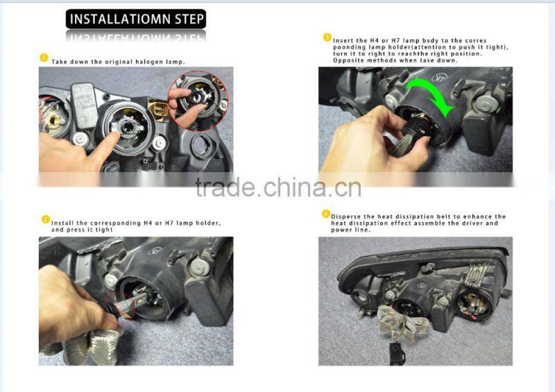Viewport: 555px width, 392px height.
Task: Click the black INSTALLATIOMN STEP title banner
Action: pos(135,19)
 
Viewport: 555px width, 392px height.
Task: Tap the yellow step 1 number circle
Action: pos(44,58)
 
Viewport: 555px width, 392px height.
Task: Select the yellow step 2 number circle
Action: pos(46,219)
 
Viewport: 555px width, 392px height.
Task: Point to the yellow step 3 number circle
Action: pos(327,37)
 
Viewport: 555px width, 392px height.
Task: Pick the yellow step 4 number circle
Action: pos(326,214)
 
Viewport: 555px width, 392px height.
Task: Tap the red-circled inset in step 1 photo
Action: pos(198,101)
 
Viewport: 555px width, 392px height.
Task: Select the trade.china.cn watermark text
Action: pos(278,187)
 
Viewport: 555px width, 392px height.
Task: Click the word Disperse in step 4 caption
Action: pos(345,216)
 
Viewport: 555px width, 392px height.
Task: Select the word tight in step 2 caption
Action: pos(104,230)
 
